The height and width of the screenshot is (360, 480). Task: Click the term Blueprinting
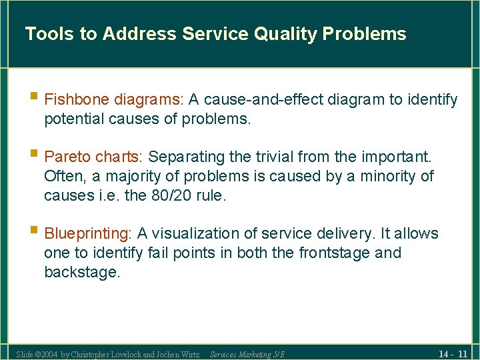coord(88,234)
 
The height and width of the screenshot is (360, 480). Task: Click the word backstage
coord(81,273)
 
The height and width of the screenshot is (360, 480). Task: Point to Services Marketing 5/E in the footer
coord(247,354)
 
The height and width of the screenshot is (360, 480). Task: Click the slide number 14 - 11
coord(453,353)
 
